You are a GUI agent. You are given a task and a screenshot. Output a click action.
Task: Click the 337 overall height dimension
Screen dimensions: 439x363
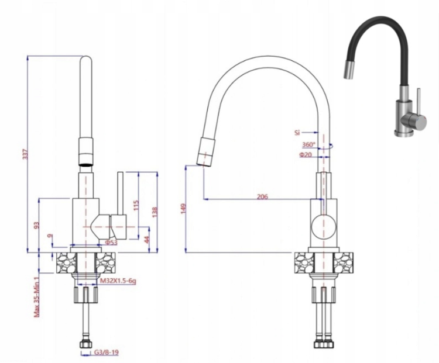[x=25, y=154]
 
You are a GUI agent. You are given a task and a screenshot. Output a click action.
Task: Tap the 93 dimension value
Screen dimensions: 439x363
[x=36, y=226]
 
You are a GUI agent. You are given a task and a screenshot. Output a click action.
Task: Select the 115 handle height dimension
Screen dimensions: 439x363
[x=136, y=206]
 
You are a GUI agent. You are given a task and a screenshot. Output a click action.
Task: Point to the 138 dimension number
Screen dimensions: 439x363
[x=155, y=212]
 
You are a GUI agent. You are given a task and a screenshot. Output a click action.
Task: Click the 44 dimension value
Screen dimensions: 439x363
[x=147, y=240]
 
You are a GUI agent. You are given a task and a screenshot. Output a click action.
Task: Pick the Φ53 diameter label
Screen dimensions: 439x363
[x=111, y=243]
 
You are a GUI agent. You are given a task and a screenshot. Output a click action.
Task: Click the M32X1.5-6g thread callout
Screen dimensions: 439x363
[x=118, y=281]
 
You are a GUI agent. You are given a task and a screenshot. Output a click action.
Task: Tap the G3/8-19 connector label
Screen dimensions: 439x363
[x=106, y=352]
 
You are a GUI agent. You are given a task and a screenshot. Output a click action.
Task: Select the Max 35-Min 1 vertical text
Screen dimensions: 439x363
[x=37, y=297]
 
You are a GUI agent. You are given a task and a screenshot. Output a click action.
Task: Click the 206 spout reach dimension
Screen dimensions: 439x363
[x=262, y=196]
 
